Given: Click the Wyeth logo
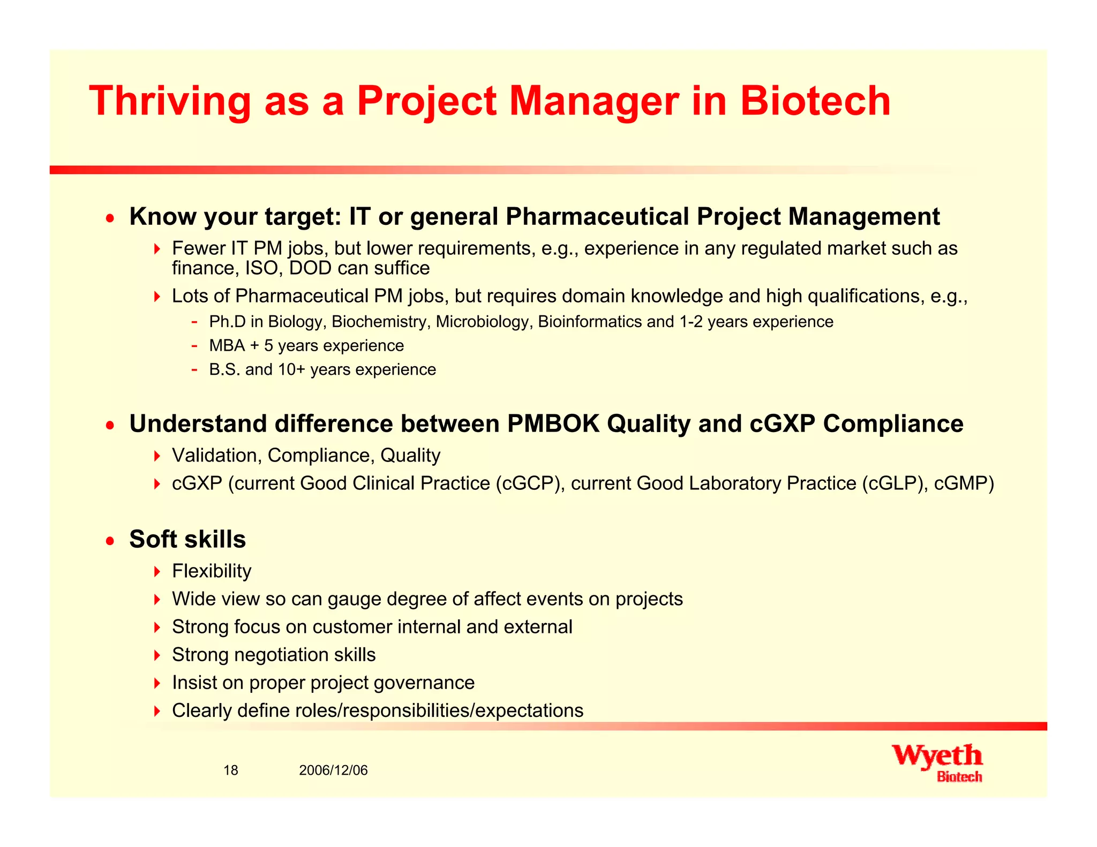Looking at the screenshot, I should pos(937,762).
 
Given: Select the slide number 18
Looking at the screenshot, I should pos(230,770).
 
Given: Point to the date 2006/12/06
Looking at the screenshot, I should pos(333,770).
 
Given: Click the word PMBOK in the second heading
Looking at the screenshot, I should pos(553,424).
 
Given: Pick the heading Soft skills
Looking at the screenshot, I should pos(187,539).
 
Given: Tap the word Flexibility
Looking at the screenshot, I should pos(212,571).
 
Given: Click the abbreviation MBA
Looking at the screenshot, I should pos(227,346).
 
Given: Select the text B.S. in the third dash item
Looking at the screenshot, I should pos(224,370).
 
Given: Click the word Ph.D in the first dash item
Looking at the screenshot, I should pos(227,322).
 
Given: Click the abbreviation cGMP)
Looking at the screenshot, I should pos(964,483).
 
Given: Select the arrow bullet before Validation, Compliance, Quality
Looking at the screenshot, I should pos(156,456).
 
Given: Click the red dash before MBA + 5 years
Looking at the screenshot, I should pos(194,346).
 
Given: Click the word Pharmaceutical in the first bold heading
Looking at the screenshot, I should pos(597,217).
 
